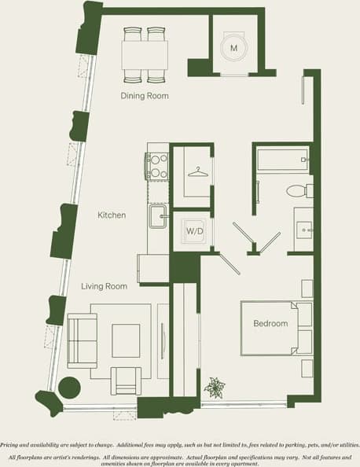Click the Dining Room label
click(145, 96)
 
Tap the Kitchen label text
click(112, 215)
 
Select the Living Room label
click(104, 287)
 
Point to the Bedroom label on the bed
click(270, 324)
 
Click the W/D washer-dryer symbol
click(193, 232)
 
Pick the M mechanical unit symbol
click(233, 48)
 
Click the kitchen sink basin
click(157, 217)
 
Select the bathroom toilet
click(297, 190)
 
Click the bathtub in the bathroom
click(282, 160)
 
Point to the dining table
click(145, 55)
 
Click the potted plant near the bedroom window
click(214, 388)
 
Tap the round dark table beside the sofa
click(69, 388)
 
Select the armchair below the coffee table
click(126, 381)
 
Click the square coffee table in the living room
click(126, 339)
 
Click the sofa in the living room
click(81, 340)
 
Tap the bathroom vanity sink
click(303, 227)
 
